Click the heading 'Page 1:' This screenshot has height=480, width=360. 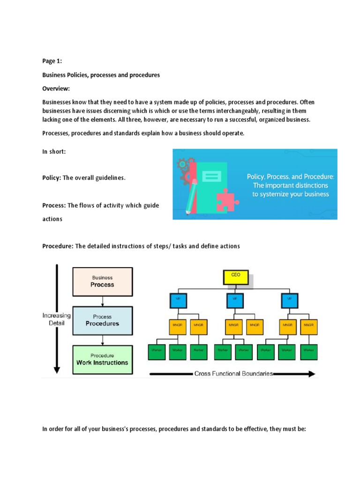coord(52,61)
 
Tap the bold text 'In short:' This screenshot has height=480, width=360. coord(54,151)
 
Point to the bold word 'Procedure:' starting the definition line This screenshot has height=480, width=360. coord(58,246)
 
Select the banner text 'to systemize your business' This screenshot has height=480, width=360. coord(291,194)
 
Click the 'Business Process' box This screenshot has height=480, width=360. coord(103,281)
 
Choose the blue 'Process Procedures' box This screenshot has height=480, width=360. coord(103,321)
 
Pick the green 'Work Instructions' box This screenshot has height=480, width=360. coord(103,360)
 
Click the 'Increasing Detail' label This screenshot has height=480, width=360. coord(57,319)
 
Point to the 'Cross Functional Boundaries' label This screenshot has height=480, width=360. coord(233,374)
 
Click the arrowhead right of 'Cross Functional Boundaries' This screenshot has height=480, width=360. coord(311,374)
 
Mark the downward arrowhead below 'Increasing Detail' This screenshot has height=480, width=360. coord(57,369)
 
